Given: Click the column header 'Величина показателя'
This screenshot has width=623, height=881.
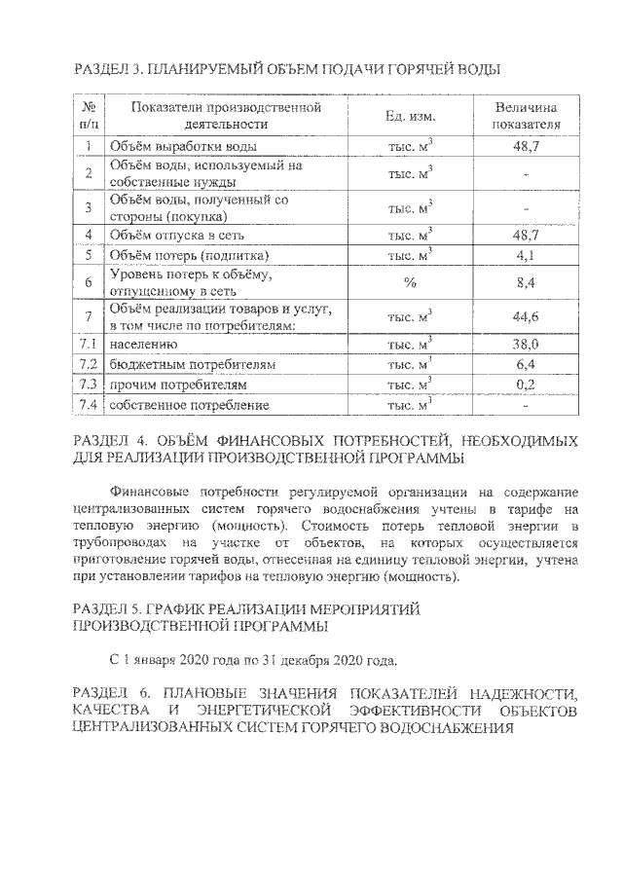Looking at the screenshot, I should click(526, 116).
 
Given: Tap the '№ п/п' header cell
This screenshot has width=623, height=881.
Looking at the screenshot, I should click(89, 116).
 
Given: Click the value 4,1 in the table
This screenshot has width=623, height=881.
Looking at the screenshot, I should click(526, 255).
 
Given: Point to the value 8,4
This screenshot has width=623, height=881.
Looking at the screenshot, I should click(526, 283).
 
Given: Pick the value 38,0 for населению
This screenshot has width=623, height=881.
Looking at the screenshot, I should click(526, 344).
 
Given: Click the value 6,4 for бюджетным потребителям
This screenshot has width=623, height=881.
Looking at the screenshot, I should click(526, 364).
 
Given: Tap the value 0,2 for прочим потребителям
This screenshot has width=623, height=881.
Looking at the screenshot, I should click(526, 385).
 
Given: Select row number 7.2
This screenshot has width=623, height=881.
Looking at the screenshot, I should click(89, 364).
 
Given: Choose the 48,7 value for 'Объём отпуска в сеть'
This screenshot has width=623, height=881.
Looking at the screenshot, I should click(526, 235).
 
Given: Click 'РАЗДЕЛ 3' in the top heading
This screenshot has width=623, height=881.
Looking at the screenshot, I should click(109, 70).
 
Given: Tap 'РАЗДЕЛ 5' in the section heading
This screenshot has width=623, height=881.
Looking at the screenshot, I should click(109, 608).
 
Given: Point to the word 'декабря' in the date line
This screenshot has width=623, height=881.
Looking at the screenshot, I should click(300, 661).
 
